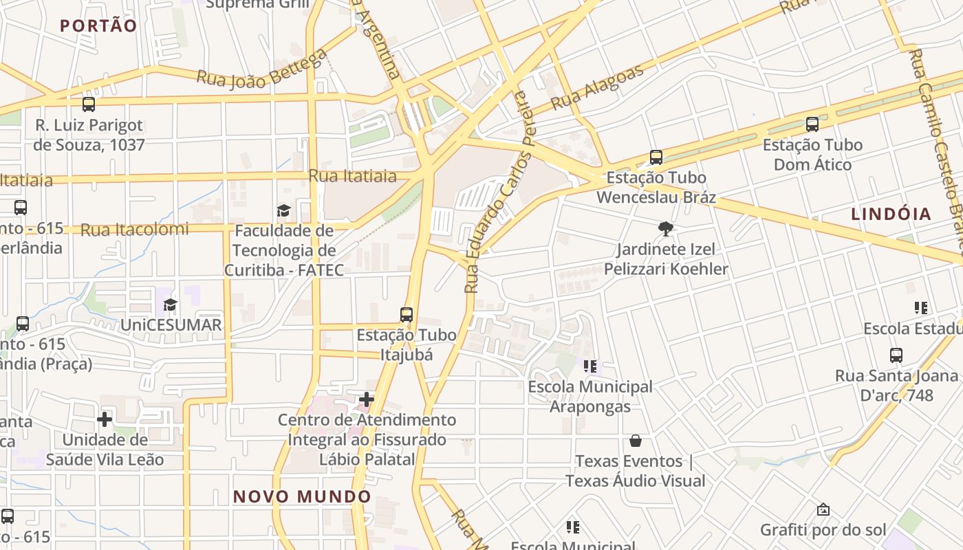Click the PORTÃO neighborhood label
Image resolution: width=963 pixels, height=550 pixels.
click(x=98, y=26)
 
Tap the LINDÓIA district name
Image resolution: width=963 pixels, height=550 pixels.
click(x=891, y=214)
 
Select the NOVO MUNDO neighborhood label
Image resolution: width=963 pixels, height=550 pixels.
click(x=302, y=496)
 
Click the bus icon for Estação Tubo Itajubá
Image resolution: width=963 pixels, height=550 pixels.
click(x=407, y=315)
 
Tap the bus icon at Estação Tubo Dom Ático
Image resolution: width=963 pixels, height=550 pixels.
click(x=812, y=124)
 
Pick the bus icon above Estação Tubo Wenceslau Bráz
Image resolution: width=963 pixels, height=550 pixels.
click(x=656, y=157)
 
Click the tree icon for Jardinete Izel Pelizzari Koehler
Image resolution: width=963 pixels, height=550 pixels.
click(x=665, y=228)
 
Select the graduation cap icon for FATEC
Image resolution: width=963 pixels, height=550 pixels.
click(x=283, y=210)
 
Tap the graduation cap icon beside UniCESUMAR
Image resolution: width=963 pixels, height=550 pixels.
click(x=170, y=305)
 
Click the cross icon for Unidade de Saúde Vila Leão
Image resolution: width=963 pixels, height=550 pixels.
click(x=105, y=419)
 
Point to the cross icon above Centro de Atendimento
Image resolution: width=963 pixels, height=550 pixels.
click(x=367, y=399)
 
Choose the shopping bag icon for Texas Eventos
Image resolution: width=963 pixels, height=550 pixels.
click(x=636, y=440)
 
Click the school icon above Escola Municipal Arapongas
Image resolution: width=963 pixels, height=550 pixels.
click(x=589, y=366)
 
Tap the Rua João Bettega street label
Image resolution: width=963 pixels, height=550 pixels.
click(x=261, y=69)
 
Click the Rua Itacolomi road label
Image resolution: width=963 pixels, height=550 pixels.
click(x=134, y=230)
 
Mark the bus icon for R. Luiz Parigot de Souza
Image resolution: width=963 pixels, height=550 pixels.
click(x=89, y=104)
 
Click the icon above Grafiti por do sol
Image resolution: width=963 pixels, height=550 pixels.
click(x=823, y=509)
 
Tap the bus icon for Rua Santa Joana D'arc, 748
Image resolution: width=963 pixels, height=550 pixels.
click(x=896, y=355)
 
